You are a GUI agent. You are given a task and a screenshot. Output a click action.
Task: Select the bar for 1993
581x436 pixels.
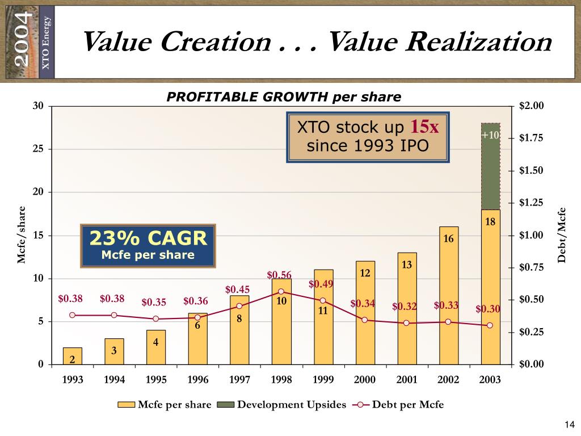72,356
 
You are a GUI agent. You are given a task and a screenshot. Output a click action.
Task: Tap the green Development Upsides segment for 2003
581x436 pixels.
490,170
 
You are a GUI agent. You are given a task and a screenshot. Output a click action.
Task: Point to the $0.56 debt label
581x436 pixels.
279,275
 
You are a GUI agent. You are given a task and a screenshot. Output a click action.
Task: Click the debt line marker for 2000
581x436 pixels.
364,320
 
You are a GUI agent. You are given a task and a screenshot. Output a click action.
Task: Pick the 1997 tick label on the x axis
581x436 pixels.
239,380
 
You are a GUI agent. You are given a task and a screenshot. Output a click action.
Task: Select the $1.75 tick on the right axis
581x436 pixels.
531,138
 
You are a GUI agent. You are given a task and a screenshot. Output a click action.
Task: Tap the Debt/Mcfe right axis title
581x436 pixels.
562,235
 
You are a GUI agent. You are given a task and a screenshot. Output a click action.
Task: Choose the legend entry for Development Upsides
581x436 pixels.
284,405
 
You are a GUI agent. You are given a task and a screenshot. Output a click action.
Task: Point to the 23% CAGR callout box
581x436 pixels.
148,245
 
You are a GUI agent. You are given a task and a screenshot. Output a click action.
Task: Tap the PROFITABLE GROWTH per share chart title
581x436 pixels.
284,97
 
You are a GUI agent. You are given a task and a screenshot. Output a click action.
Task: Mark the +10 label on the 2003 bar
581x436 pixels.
490,135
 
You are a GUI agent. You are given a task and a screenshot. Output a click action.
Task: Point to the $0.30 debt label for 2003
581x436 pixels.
487,309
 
